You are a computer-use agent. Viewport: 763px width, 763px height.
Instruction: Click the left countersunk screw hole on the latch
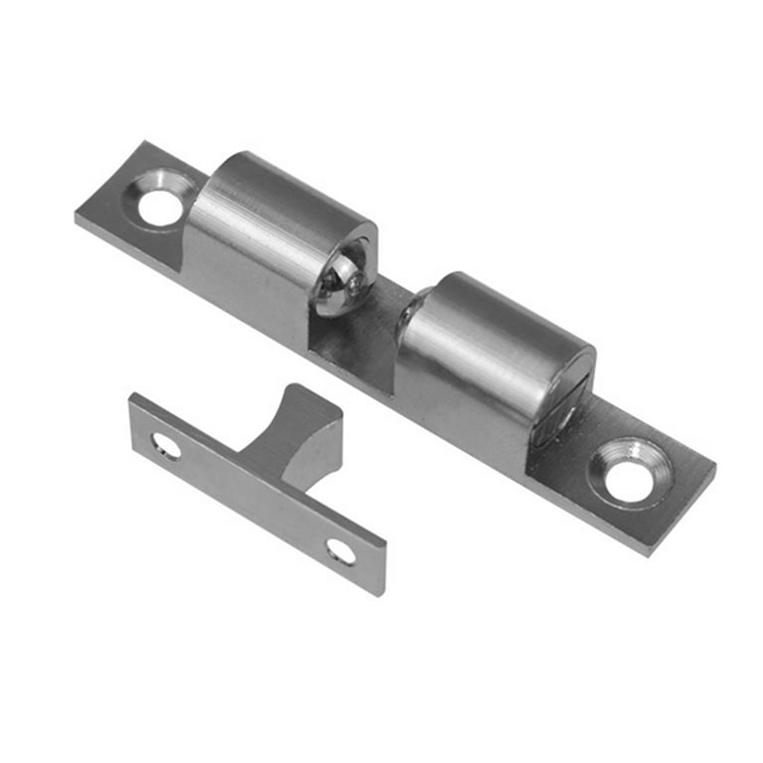click(159, 205)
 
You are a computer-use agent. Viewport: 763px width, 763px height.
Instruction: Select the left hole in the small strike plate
click(165, 446)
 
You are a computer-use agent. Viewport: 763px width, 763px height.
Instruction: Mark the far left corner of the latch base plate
click(77, 215)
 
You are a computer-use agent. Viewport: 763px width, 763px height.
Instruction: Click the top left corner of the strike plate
click(132, 395)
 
